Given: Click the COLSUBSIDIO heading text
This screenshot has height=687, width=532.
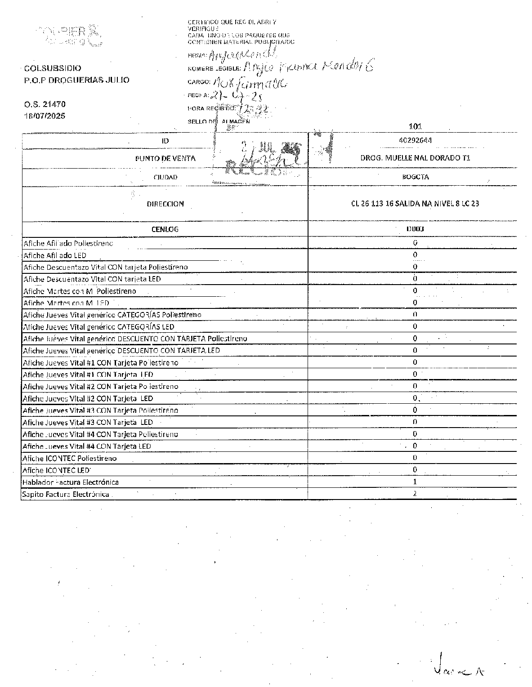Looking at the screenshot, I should (x=53, y=68).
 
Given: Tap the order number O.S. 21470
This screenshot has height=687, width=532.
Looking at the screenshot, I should (x=45, y=104).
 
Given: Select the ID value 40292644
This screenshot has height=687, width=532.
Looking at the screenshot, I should (x=415, y=140).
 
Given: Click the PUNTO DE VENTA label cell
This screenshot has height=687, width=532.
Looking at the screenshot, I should (x=165, y=158).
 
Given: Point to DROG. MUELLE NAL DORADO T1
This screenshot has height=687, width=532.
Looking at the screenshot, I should (x=415, y=158).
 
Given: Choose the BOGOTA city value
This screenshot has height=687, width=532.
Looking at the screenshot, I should (x=415, y=177).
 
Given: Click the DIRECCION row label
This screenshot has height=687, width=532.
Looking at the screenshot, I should (x=165, y=204).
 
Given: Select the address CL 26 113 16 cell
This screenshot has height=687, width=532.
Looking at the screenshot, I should (x=415, y=204).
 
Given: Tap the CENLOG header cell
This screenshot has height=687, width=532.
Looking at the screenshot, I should (x=165, y=229).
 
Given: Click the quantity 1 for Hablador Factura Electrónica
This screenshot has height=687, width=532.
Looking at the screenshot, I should (x=415, y=482).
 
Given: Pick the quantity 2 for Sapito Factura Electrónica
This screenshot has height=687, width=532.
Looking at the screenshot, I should (x=415, y=493).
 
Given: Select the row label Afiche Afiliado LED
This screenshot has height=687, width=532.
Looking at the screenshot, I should (x=54, y=255).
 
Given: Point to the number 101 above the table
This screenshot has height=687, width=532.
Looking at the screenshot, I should (x=416, y=126).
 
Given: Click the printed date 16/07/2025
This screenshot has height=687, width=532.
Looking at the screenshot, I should (x=45, y=116).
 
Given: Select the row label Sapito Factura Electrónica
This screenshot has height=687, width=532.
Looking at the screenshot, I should (x=66, y=494).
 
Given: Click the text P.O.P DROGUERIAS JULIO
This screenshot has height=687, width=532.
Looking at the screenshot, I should (x=76, y=80).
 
